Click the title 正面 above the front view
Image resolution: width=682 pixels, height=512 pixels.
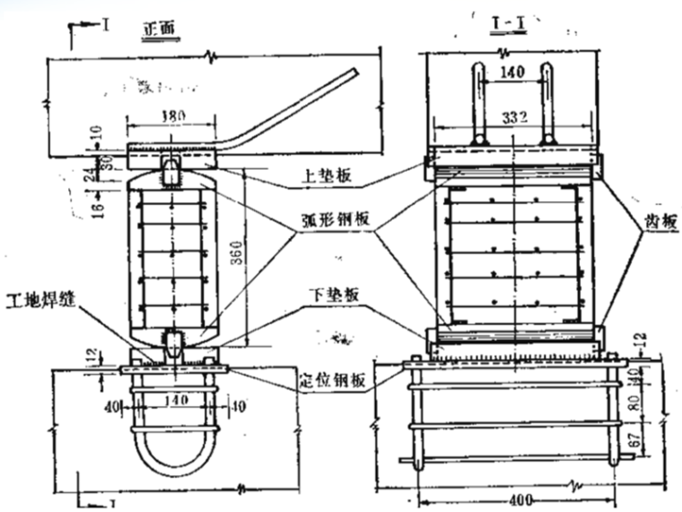tap(162, 29)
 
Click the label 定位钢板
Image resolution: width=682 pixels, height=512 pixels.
tap(332, 383)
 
